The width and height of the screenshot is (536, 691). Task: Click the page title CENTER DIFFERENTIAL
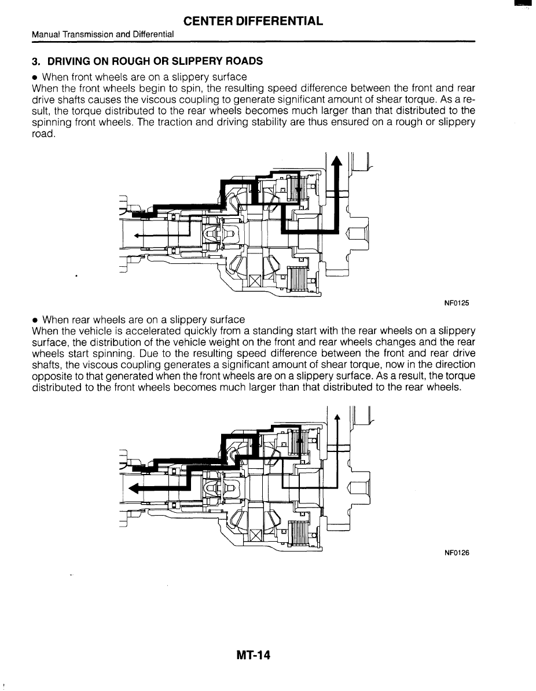tap(253, 21)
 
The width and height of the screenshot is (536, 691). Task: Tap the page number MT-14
tap(254, 655)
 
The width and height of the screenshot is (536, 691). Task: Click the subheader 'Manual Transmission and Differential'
tap(103, 35)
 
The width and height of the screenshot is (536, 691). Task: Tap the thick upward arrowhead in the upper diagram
tap(336, 163)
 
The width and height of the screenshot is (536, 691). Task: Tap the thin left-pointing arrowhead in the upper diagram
tap(137, 236)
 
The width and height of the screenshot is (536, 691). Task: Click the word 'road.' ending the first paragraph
tap(45, 133)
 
